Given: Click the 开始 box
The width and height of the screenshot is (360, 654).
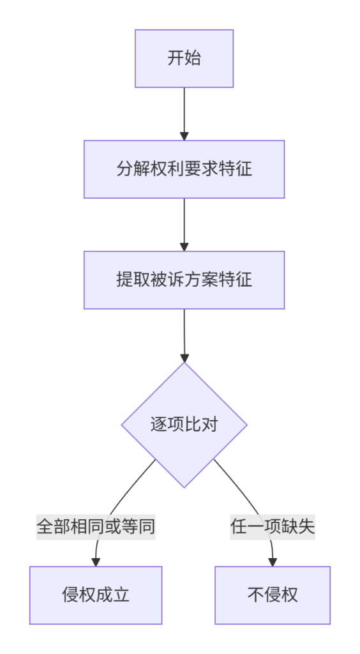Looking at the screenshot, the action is [184, 58].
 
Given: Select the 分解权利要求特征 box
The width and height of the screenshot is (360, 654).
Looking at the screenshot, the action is [184, 169].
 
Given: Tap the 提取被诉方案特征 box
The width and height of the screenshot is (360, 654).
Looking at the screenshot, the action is [184, 280].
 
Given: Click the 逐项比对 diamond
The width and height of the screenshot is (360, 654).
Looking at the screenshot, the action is [184, 425].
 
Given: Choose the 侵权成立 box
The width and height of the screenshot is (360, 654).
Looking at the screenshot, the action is [96, 595].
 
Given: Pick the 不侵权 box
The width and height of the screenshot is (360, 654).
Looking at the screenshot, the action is [273, 595].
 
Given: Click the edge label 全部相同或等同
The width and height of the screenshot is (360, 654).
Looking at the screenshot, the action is [96, 527].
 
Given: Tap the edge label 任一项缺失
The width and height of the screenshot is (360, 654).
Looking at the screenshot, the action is [273, 527].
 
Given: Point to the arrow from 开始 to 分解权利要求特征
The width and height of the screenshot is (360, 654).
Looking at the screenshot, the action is [184, 114].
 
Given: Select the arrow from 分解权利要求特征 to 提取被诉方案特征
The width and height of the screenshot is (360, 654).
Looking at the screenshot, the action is [184, 225].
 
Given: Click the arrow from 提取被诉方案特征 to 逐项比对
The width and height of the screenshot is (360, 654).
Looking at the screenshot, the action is [184, 336].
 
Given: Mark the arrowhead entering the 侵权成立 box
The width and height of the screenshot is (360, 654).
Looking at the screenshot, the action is [96, 562].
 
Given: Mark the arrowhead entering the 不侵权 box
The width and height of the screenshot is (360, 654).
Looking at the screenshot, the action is [273, 562].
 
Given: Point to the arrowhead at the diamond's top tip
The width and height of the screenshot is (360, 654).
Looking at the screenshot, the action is [184, 358].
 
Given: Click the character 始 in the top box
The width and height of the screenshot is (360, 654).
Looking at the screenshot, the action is [193, 58].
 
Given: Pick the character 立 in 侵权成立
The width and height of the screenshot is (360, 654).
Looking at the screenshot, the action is [121, 595].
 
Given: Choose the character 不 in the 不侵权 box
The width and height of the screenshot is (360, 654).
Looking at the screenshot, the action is [256, 595].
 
